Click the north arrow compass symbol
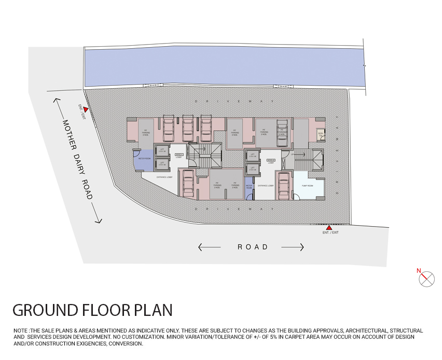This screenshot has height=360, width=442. [x=426, y=279]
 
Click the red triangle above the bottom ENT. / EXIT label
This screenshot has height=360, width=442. [x=328, y=227]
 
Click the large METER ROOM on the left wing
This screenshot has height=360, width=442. [x=144, y=160]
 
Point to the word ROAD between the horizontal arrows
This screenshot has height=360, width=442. [x=253, y=247]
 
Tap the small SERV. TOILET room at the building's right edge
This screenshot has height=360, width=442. [x=321, y=134]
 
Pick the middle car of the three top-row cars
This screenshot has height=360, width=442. [x=188, y=129]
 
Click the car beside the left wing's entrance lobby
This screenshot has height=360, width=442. [x=188, y=183]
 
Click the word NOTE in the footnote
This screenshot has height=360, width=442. [x=21, y=330]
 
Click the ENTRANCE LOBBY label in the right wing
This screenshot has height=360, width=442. [x=266, y=185]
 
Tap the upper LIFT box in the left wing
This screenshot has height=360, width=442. [x=162, y=150]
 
